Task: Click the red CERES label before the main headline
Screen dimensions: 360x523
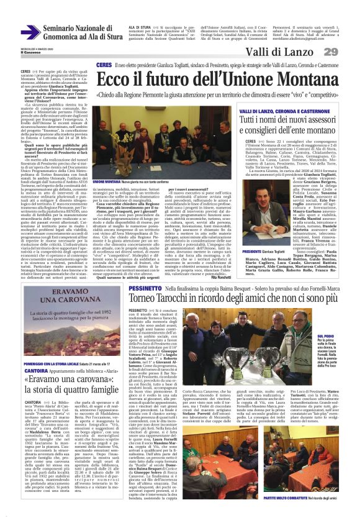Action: click(104, 65)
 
